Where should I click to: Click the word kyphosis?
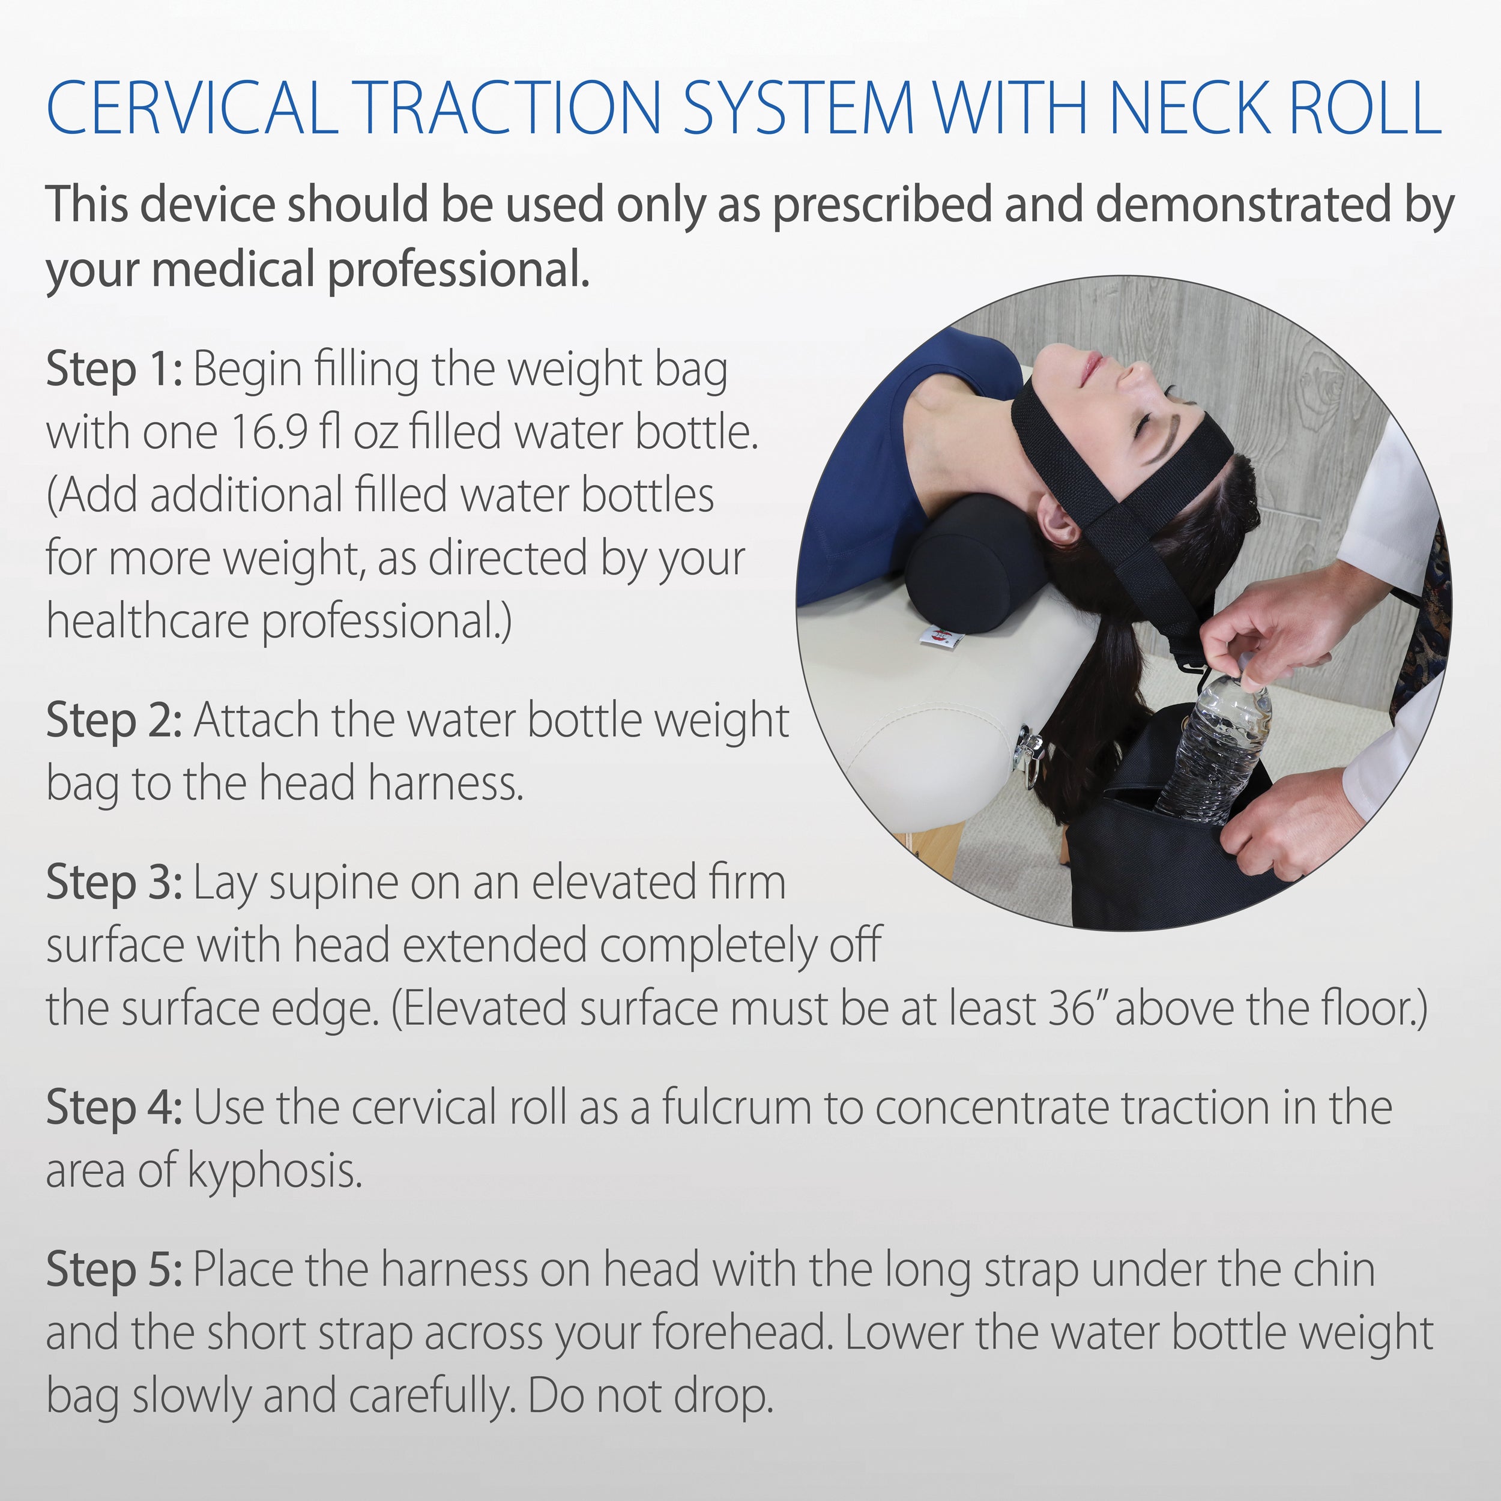(275, 1171)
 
